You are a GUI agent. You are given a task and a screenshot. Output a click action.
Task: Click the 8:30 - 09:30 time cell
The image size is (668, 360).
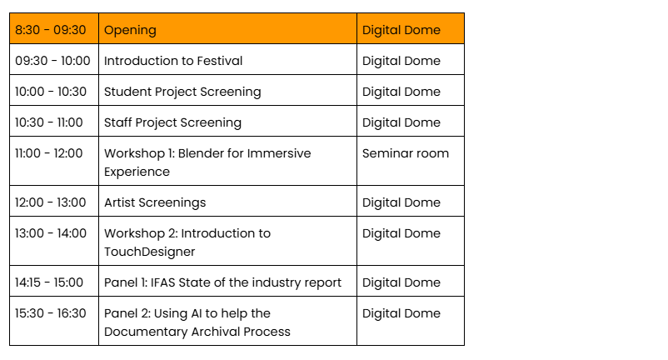click(51, 30)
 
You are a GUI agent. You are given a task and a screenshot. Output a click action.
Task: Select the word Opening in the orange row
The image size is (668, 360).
click(131, 31)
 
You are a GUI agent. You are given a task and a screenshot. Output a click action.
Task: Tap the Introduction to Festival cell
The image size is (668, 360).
click(173, 61)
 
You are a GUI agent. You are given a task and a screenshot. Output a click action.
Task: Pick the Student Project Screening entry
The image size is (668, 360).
click(182, 92)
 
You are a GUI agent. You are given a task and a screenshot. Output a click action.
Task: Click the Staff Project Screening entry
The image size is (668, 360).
click(173, 122)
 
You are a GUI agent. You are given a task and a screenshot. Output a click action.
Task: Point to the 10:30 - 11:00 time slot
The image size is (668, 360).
click(49, 122)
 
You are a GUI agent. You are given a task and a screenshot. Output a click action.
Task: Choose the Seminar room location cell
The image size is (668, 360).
click(406, 153)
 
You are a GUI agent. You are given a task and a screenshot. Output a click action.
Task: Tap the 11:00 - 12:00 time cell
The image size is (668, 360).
click(49, 153)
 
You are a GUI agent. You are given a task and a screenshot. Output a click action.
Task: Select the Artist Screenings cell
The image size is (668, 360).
click(155, 202)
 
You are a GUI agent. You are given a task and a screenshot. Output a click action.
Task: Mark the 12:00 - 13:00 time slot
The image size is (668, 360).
click(51, 202)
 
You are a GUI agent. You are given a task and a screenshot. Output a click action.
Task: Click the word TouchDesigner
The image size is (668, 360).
click(150, 252)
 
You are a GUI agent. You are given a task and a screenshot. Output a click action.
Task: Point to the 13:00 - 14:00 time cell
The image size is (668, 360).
click(51, 233)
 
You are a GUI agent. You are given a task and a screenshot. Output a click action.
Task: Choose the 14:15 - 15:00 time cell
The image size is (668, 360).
click(49, 282)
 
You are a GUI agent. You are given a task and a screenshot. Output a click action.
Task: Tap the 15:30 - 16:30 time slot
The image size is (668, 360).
click(51, 313)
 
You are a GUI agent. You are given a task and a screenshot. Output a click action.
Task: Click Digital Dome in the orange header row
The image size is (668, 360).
click(401, 30)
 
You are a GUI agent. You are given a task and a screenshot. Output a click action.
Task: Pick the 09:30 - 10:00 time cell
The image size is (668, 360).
click(52, 61)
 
